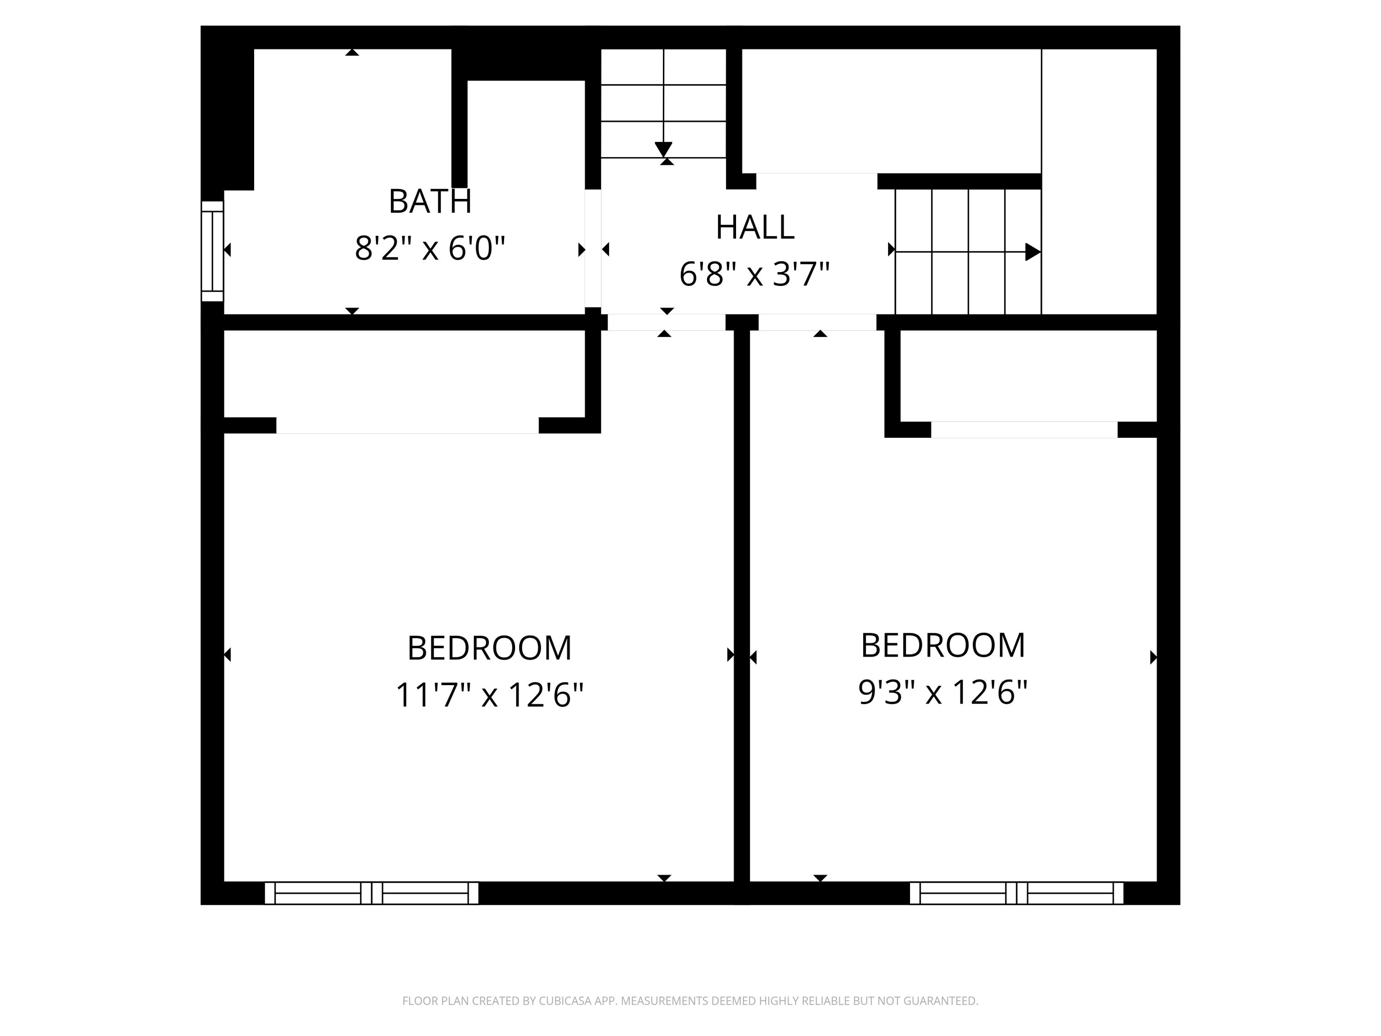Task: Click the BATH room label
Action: pos(429,202)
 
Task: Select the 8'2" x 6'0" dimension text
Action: pos(429,249)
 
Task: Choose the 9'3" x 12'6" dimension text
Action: pos(942,693)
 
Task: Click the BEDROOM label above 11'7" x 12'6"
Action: pos(489,648)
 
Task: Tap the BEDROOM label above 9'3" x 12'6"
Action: pos(942,646)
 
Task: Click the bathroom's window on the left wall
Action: pos(212,251)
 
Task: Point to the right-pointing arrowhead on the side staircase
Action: pos(1033,252)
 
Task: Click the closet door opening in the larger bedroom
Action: pos(407,425)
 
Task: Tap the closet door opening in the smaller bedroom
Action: pos(1024,430)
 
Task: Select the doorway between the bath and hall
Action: pos(592,249)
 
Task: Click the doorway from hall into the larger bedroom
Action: pos(666,322)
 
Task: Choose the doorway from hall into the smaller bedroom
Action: pos(817,322)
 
